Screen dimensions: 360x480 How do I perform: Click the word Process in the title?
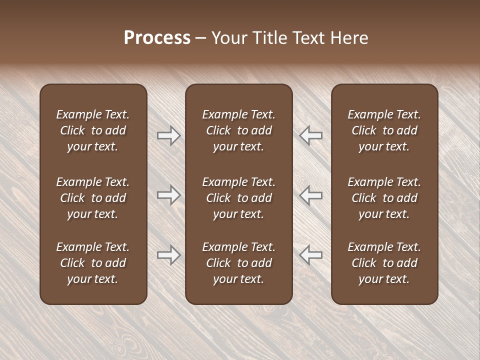tap(157, 38)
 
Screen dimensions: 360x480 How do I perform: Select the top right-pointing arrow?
tap(168, 135)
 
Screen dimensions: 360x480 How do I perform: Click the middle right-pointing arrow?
tap(168, 195)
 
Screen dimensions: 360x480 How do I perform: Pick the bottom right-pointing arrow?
tap(168, 255)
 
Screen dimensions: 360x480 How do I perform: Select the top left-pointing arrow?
tap(311, 135)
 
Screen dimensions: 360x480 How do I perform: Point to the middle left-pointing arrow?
tap(311, 195)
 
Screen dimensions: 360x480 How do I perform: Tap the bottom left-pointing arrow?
tap(311, 255)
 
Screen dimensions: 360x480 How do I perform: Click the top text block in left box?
tap(93, 130)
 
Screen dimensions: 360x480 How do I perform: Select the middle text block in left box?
tap(93, 198)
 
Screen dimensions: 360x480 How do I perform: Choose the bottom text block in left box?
tap(93, 263)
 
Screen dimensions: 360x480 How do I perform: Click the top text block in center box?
tap(238, 130)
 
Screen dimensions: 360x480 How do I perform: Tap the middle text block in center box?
tap(238, 198)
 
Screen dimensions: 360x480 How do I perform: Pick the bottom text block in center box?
tap(238, 263)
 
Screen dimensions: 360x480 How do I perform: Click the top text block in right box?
tap(384, 130)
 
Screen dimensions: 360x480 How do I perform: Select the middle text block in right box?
tap(384, 198)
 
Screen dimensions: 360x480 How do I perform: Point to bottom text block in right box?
tap(384, 263)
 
